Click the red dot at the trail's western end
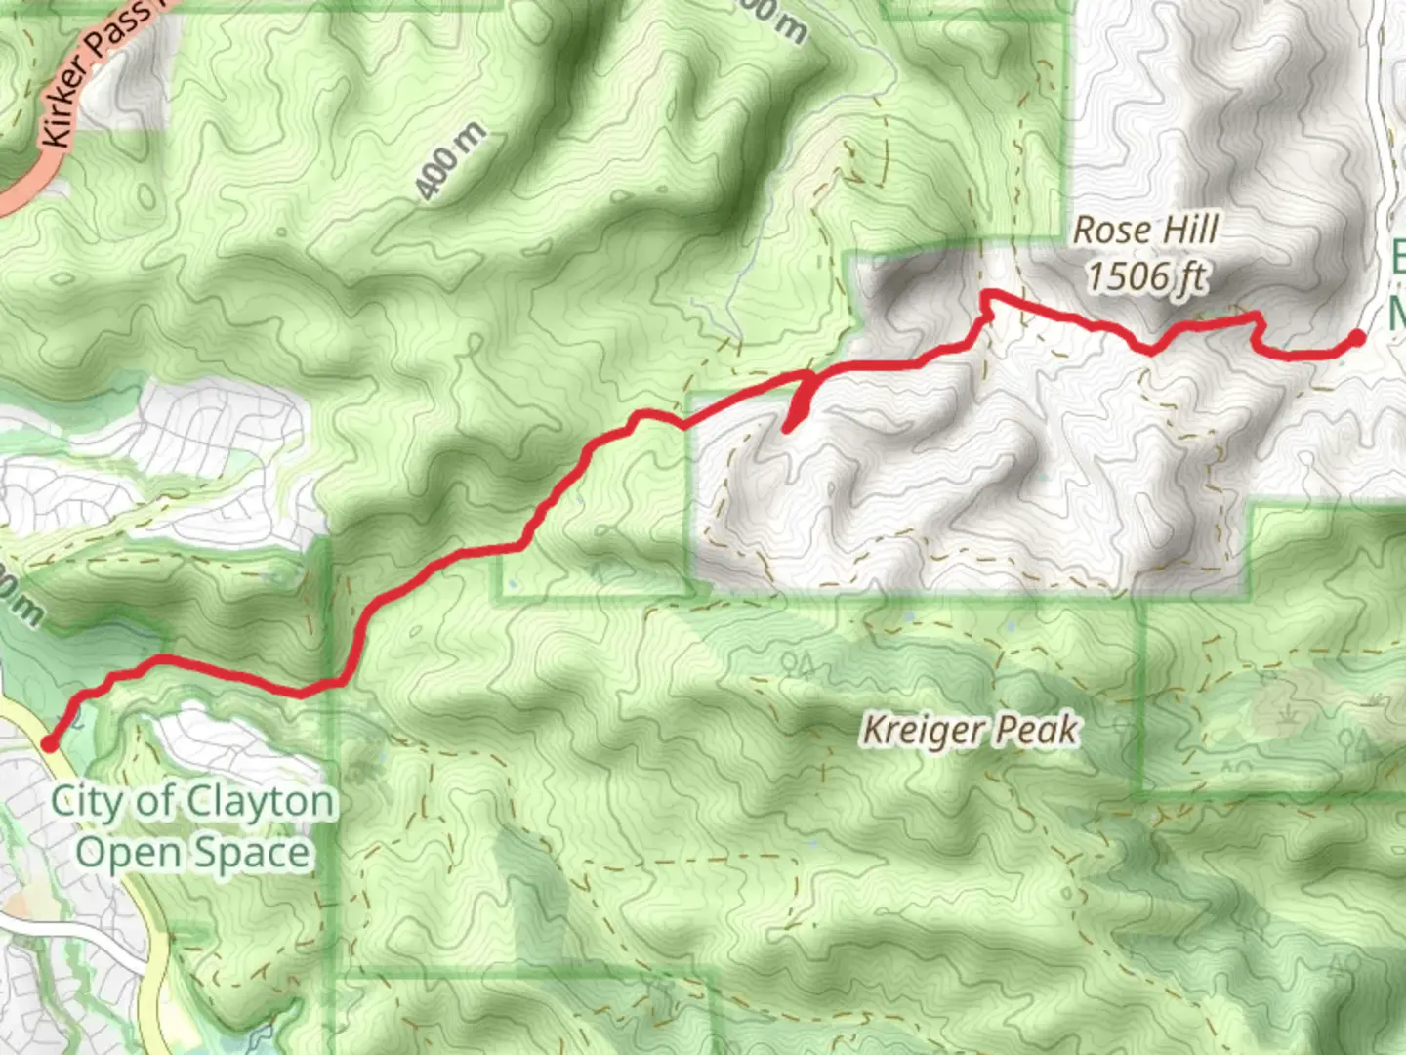tap(49, 744)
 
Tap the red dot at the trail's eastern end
tap(1357, 338)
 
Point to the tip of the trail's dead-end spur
tap(787, 427)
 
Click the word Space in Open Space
tap(251, 854)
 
